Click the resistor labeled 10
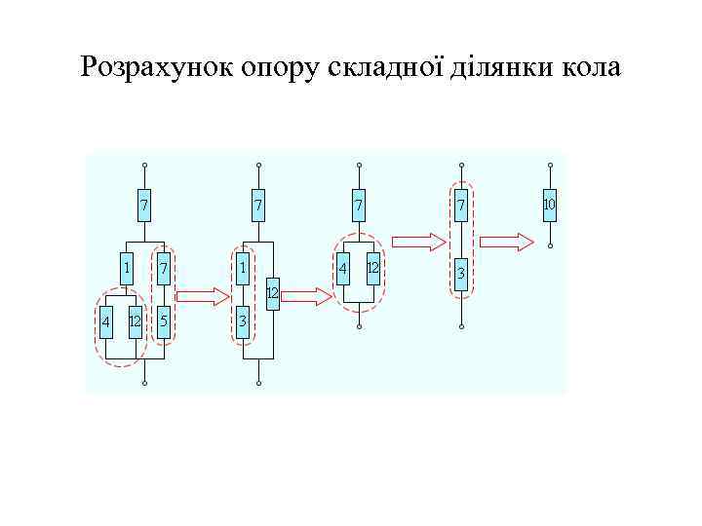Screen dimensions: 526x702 click(x=549, y=205)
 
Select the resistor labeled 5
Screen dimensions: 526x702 click(x=164, y=321)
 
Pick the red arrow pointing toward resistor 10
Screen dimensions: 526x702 click(x=509, y=241)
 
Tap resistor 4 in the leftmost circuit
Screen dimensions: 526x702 click(x=105, y=321)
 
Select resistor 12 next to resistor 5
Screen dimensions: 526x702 click(x=135, y=321)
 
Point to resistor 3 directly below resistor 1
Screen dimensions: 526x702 click(x=242, y=321)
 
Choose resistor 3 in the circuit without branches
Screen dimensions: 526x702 click(x=460, y=273)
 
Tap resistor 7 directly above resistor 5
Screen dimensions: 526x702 click(x=164, y=266)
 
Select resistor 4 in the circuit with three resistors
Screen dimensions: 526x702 click(x=344, y=267)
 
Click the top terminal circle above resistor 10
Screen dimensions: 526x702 click(x=549, y=164)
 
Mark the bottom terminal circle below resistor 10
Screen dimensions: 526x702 click(x=549, y=245)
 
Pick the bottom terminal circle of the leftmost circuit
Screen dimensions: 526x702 click(x=143, y=384)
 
